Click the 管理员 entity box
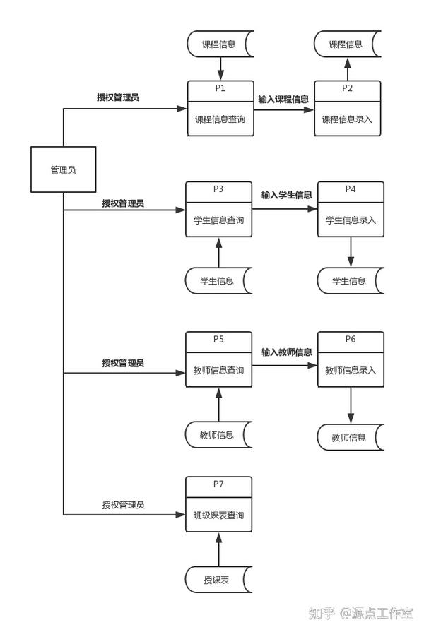pos(63,169)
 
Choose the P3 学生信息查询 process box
pos(218,210)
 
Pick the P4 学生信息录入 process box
pos(351,210)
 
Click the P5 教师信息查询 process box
pos(218,360)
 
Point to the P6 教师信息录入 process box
pos(351,360)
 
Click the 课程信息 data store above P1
pos(219,44)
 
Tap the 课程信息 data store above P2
pos(346,44)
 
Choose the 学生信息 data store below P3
pos(218,281)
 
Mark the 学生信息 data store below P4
pos(350,281)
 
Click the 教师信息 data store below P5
pos(218,435)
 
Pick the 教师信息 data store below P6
pos(350,437)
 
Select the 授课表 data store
pos(217,580)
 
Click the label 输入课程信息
pos(283,100)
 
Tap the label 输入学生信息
pos(286,195)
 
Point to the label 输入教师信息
pos(286,352)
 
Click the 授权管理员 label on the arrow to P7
pos(123,505)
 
